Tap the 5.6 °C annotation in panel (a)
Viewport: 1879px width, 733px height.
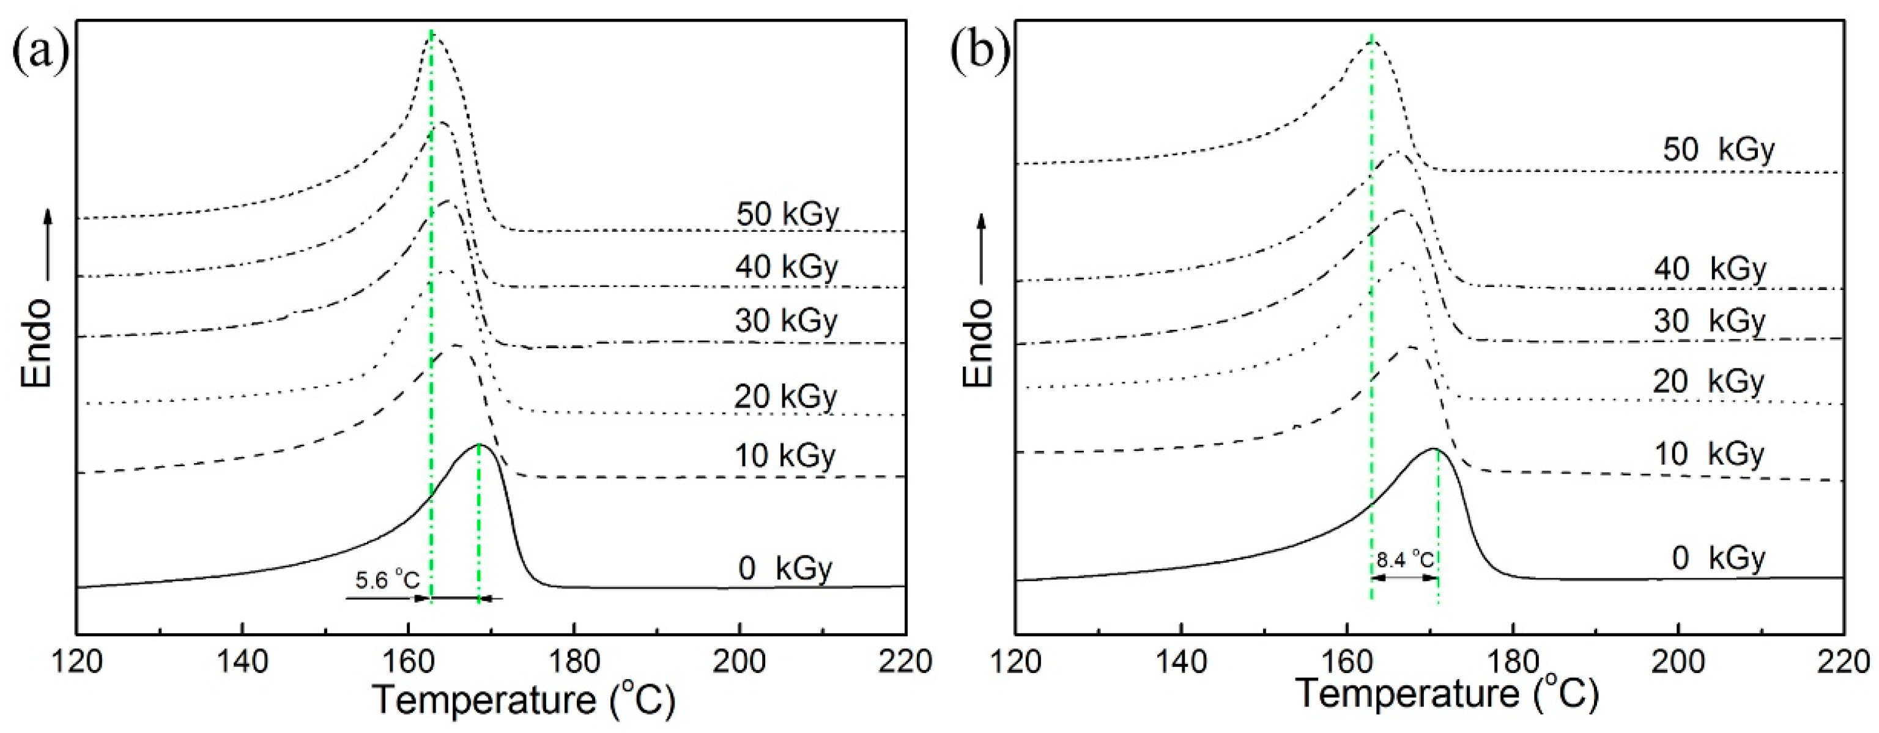click(x=387, y=580)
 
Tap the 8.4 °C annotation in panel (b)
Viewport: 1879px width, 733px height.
click(x=1405, y=560)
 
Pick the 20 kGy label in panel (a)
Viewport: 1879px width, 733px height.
click(x=787, y=396)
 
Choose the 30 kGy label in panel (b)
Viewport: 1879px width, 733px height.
click(x=1709, y=321)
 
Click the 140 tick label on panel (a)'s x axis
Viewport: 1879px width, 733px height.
click(x=242, y=661)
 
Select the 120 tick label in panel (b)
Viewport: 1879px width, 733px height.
click(x=1015, y=661)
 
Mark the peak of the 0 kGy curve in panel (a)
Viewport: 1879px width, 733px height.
click(x=480, y=444)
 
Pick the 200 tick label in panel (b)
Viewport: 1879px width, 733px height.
click(x=1678, y=661)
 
